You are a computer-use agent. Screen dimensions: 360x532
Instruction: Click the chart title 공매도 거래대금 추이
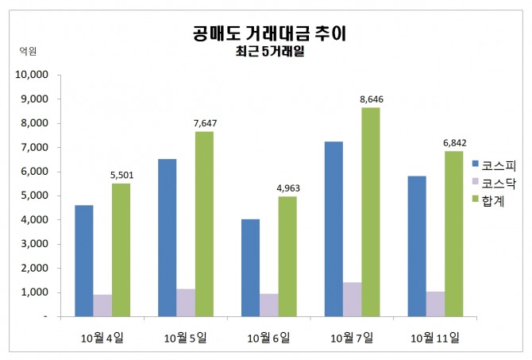[x=269, y=33]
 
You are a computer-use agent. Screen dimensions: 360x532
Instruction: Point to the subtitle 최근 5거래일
[x=269, y=53]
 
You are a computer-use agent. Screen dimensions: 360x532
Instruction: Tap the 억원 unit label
[x=27, y=50]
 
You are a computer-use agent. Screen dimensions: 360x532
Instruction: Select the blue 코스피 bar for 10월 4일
[x=84, y=261]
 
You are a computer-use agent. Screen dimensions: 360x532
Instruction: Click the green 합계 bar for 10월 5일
[x=205, y=223]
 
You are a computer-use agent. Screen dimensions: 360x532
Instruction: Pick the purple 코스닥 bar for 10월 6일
[x=268, y=304]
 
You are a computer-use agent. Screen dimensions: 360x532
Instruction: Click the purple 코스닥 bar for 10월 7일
[x=352, y=299]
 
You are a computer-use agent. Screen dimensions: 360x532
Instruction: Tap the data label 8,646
[x=372, y=99]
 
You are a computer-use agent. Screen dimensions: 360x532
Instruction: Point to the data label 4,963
[x=288, y=188]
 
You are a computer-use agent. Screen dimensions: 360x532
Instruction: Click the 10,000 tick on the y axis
[x=33, y=75]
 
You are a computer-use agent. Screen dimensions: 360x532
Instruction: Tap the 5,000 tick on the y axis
[x=36, y=195]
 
